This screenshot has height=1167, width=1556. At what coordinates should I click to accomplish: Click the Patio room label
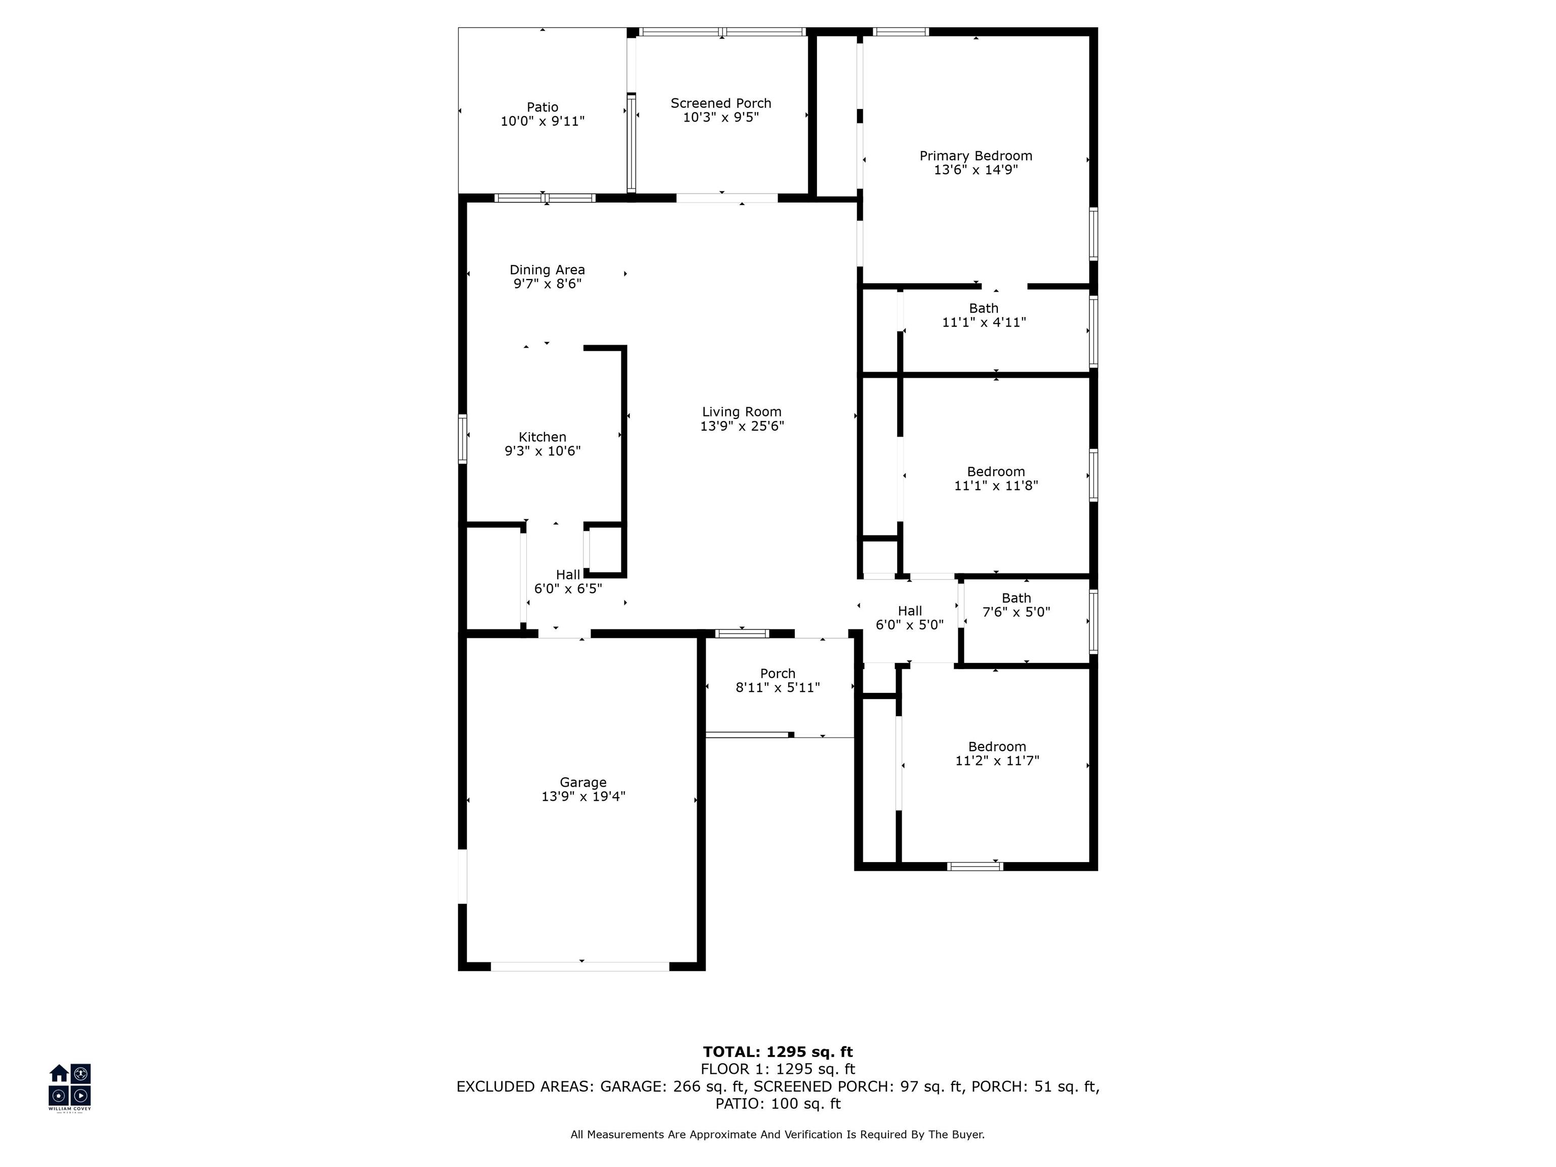point(542,107)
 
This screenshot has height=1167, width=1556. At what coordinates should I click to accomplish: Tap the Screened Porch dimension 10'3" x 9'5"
point(721,118)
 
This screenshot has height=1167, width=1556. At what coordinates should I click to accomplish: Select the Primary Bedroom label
point(976,156)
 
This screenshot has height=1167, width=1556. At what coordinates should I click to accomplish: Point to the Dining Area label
point(547,270)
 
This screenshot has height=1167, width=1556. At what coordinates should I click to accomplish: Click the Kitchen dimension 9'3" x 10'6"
point(542,451)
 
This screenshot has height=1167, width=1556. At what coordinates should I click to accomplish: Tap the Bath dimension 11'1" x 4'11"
point(984,322)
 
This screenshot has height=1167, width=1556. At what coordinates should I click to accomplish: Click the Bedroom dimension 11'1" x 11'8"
point(996,485)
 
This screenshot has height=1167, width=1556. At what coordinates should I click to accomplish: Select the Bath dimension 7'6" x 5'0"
point(1017,612)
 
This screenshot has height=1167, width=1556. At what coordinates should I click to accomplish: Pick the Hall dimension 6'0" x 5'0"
point(910,625)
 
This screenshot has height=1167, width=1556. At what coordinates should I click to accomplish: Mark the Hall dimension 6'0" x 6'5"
point(568,589)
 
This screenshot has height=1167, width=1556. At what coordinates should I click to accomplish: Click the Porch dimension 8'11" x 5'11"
point(778,687)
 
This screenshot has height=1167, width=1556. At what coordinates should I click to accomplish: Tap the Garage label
point(583,782)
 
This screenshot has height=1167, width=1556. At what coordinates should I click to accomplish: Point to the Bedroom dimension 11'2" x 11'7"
point(997,760)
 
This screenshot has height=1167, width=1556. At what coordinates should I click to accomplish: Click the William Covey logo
point(69,1087)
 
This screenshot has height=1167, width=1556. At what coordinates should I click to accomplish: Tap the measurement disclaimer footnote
point(777,1134)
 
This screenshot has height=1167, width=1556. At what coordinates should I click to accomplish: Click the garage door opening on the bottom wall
point(580,966)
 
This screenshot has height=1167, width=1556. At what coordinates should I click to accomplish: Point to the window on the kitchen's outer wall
point(462,439)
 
